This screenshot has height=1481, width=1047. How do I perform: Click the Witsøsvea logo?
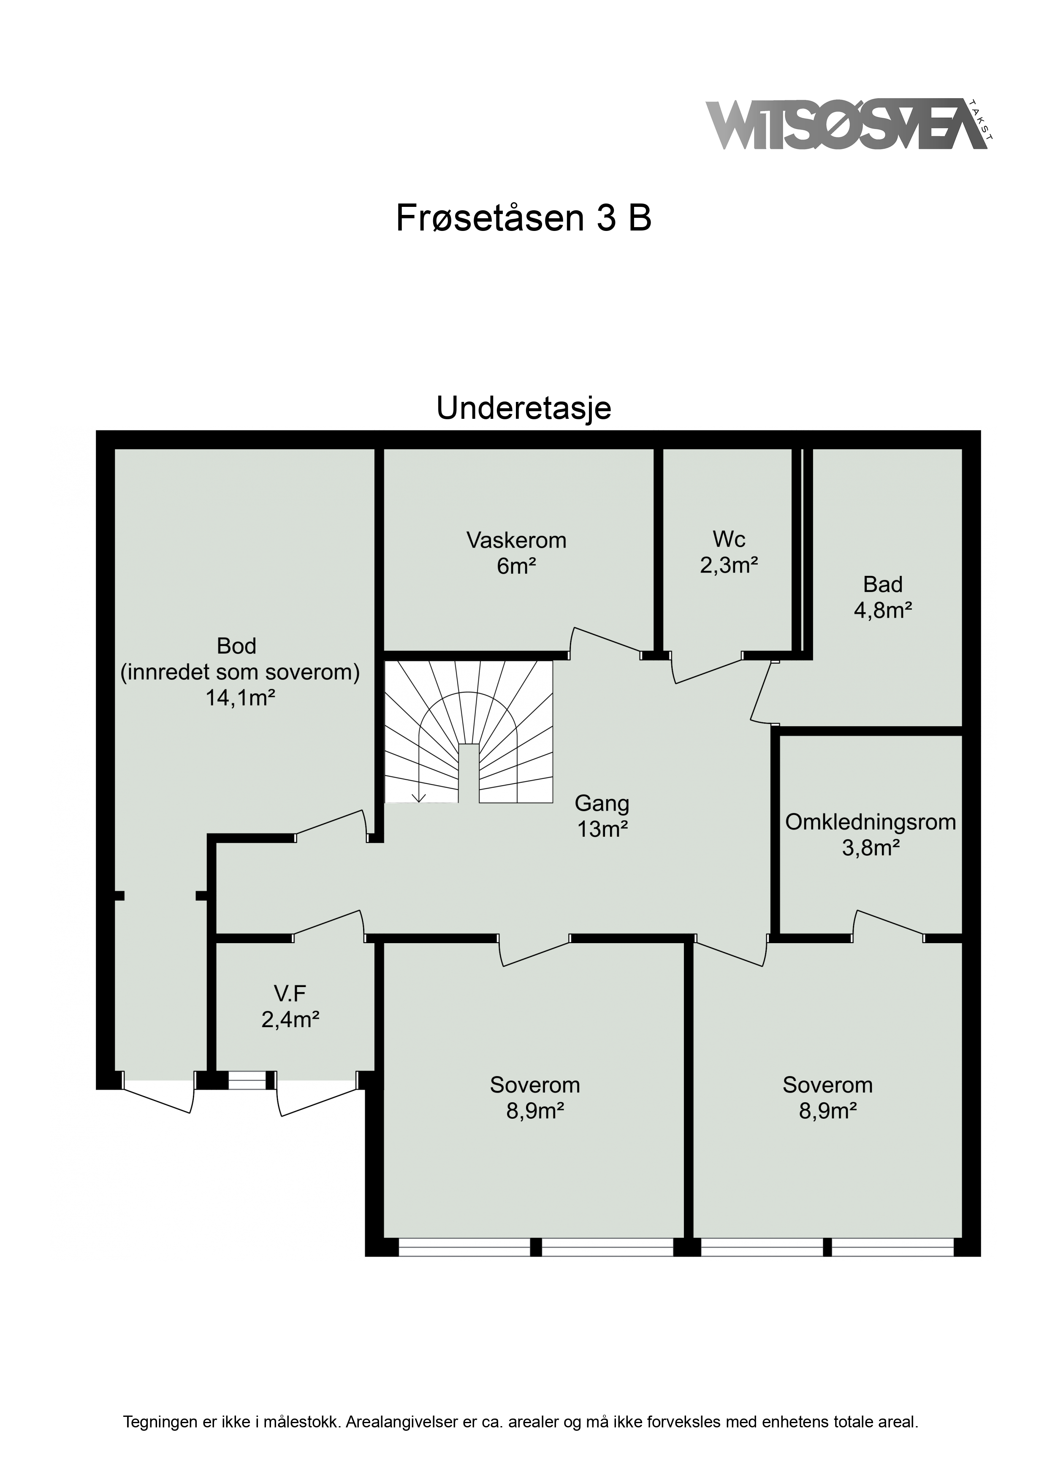click(x=849, y=125)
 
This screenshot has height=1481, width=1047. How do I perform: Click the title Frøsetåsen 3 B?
click(x=523, y=219)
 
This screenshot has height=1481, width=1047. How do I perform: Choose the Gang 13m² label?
click(x=602, y=816)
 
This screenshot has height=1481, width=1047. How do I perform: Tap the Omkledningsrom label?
click(x=870, y=822)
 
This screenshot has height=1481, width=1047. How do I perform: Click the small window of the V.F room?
click(x=248, y=1080)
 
